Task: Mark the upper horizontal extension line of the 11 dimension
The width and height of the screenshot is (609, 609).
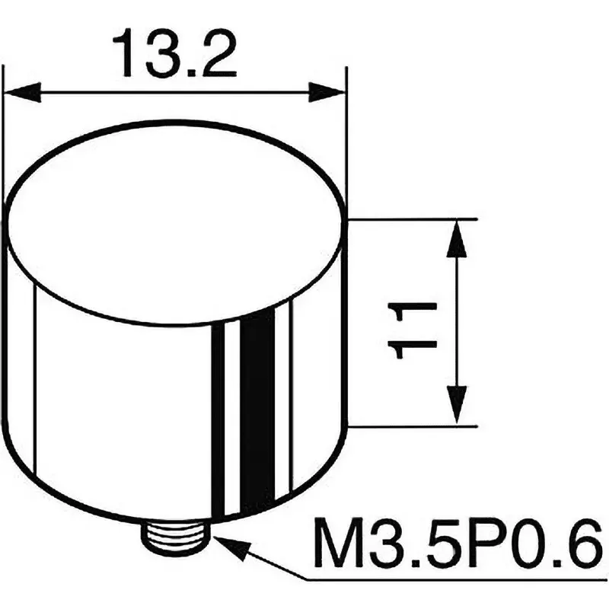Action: (411, 219)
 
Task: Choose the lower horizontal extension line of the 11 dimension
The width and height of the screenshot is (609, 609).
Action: (411, 426)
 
